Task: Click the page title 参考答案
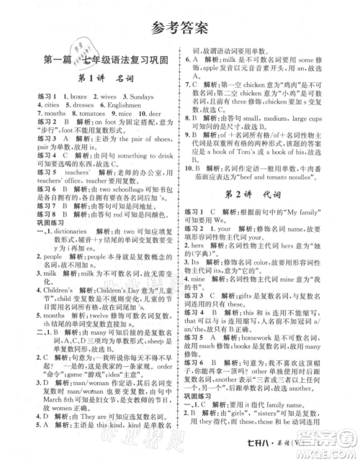tap(180, 28)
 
